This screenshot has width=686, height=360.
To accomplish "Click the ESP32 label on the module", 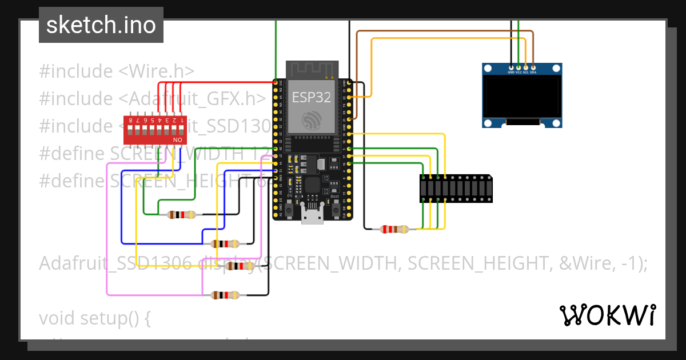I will (x=312, y=97).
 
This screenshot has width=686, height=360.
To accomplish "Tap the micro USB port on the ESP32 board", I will (x=312, y=215).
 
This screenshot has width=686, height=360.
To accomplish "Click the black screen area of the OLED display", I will (x=521, y=97).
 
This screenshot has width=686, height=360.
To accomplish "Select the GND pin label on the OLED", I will (x=510, y=73).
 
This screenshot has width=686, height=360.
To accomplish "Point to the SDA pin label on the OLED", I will (x=533, y=73).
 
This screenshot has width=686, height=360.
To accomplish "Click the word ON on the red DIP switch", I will (x=177, y=139).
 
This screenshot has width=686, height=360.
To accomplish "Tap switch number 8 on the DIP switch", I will (x=131, y=126).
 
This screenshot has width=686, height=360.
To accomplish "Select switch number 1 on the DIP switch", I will (x=182, y=126).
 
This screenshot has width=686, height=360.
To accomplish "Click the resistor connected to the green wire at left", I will (x=181, y=215).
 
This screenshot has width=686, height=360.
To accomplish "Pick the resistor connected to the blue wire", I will (x=226, y=243).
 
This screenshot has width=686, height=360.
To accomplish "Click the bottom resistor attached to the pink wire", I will (x=226, y=295).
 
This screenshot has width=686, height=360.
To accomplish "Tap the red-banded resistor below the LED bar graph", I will (x=394, y=229).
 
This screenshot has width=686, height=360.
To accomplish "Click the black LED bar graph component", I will (x=455, y=189).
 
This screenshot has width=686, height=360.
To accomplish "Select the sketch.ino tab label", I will (x=101, y=25).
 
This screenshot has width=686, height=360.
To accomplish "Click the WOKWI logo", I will (x=607, y=315).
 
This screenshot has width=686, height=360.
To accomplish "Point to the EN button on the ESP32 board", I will (x=290, y=210).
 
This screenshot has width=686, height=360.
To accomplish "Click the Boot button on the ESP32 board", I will (x=334, y=210).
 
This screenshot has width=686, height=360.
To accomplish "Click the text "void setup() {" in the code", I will (x=94, y=318).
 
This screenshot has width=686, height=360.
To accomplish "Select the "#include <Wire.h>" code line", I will (x=117, y=71).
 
